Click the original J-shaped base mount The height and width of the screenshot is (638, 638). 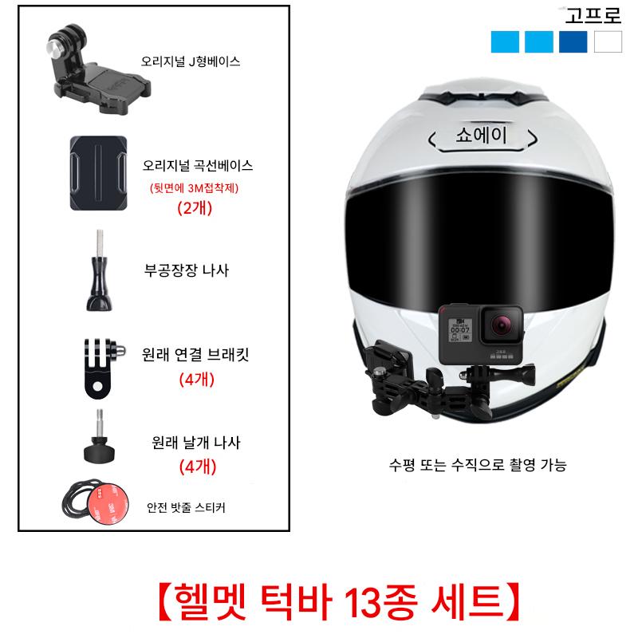pyautogui.click(x=97, y=70)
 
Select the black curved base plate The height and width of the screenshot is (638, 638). pyautogui.click(x=98, y=173)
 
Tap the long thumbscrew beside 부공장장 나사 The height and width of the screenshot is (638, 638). pyautogui.click(x=99, y=270)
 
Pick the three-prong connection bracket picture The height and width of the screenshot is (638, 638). pyautogui.click(x=104, y=368)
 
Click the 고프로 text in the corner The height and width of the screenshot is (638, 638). pyautogui.click(x=593, y=16)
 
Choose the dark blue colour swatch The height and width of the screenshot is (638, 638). pyautogui.click(x=573, y=41)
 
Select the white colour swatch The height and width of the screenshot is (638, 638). pyautogui.click(x=608, y=41)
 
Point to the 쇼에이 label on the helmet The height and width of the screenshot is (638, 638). pyautogui.click(x=482, y=135)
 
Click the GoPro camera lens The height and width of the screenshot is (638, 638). pyautogui.click(x=501, y=325)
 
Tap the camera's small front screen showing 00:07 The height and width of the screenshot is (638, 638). pyautogui.click(x=460, y=330)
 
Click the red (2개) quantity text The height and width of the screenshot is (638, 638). pyautogui.click(x=195, y=208)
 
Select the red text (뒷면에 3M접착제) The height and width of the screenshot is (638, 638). pyautogui.click(x=194, y=188)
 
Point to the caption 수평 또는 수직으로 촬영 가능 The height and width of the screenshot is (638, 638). pyautogui.click(x=478, y=465)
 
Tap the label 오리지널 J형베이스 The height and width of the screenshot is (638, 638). pyautogui.click(x=191, y=61)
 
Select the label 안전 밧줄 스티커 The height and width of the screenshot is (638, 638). pyautogui.click(x=186, y=507)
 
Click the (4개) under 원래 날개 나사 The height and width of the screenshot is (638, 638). pyautogui.click(x=198, y=467)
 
